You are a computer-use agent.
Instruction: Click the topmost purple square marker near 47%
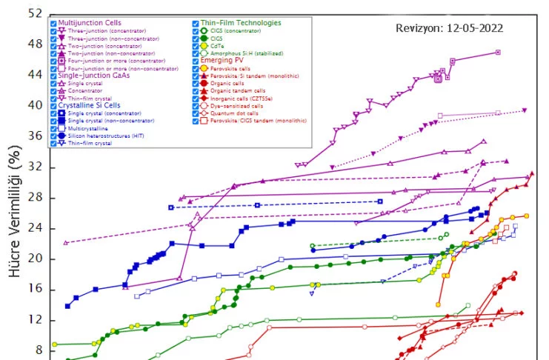tap(498, 52)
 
